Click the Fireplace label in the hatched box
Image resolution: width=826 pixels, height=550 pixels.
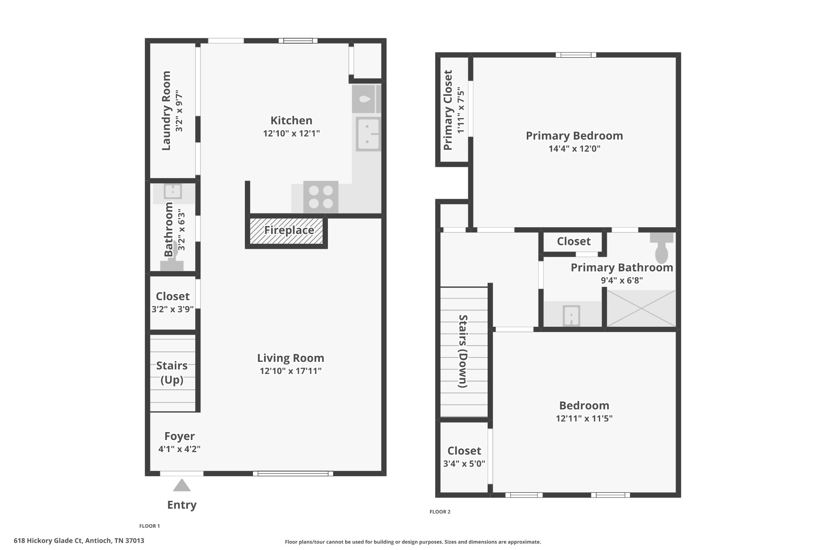click(289, 230)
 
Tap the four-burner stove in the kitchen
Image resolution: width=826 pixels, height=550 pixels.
click(321, 197)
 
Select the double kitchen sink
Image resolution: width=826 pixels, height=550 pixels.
click(368, 134)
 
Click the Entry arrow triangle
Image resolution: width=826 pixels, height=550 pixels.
click(181, 486)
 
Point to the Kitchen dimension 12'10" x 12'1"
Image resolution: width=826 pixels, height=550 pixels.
click(291, 133)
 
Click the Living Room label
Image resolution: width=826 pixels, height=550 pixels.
click(290, 358)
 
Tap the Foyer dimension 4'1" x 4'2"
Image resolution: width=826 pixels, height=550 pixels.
click(179, 449)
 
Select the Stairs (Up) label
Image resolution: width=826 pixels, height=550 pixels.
click(172, 372)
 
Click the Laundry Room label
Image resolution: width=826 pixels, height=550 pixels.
click(166, 111)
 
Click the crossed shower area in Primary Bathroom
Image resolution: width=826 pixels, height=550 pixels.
click(641, 309)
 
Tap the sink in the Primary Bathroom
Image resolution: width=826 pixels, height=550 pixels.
click(571, 315)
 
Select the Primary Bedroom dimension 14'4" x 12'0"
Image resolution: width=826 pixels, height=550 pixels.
click(574, 149)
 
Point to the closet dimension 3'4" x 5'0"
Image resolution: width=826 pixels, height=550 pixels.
click(464, 464)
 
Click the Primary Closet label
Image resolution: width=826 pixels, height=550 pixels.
click(448, 110)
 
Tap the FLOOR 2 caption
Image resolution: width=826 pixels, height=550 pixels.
click(440, 512)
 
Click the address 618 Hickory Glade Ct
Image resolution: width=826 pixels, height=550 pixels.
click(79, 541)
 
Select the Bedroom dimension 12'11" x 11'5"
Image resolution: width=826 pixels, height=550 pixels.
click(584, 419)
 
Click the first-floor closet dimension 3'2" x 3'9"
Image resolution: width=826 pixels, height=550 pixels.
click(172, 309)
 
